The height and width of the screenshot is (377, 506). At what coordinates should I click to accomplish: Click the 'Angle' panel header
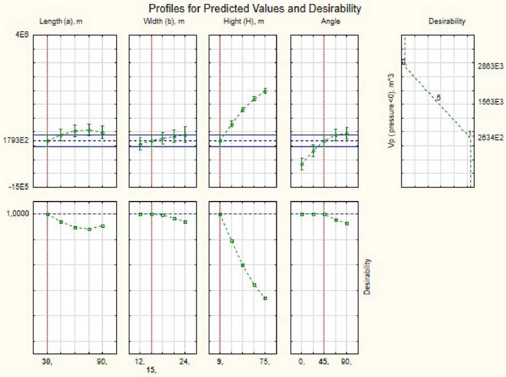324,22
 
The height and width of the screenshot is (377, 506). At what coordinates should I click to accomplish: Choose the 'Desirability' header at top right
447,22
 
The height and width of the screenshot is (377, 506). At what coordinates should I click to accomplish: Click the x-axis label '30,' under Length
47,362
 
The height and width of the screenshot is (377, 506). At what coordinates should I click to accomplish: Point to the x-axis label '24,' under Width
185,362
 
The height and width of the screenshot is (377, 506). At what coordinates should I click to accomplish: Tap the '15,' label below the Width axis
152,370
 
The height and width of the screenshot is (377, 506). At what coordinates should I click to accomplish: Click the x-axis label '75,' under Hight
266,362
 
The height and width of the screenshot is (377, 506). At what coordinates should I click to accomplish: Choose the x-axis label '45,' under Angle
324,362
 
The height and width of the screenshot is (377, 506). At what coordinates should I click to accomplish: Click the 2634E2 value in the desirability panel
489,137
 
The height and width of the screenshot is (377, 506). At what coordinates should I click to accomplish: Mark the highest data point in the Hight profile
265,91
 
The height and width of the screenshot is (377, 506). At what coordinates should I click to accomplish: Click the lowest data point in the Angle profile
302,165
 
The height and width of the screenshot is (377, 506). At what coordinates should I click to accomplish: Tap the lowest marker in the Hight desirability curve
265,298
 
